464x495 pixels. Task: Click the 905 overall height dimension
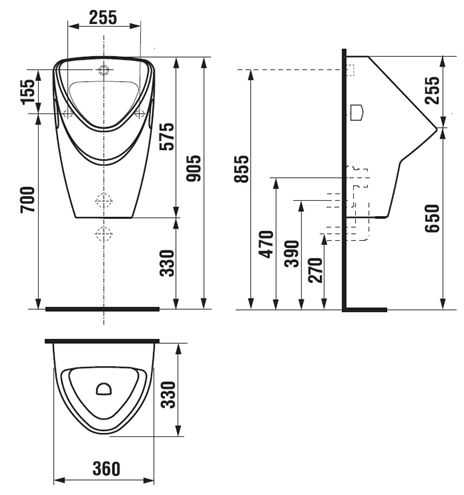(194, 169)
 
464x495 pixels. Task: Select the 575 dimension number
(167, 137)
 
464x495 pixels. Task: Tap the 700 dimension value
(27, 200)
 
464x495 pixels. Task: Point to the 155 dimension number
(27, 92)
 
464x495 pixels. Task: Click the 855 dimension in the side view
(241, 169)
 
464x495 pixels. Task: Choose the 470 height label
(267, 244)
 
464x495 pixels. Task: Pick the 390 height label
(292, 254)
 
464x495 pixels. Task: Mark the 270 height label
(316, 270)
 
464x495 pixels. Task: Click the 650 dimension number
(432, 219)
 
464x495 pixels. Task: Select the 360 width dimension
(106, 469)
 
